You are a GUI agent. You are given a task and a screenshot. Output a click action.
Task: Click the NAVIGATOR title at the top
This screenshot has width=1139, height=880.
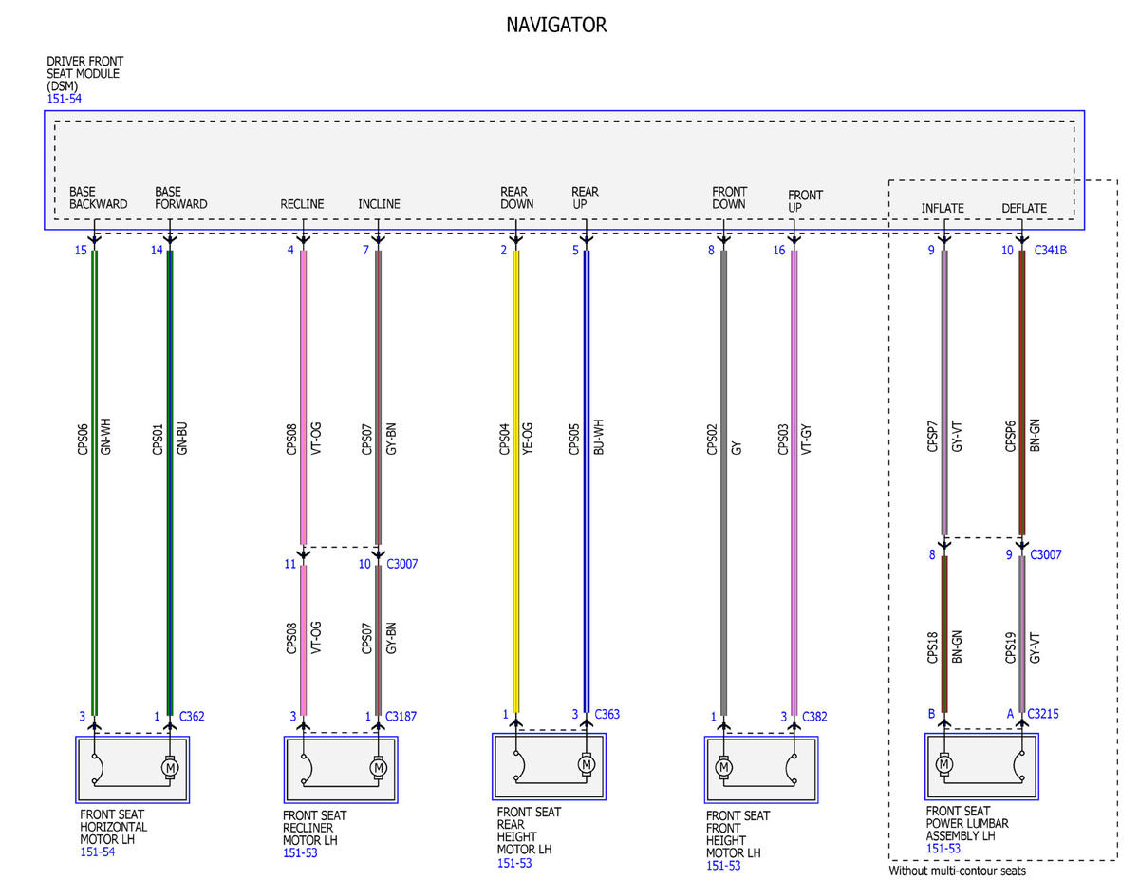coord(556,25)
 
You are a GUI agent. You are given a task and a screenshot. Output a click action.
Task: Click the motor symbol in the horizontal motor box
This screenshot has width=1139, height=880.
coord(169,767)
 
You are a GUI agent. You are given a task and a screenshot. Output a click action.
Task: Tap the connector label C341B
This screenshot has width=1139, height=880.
coord(1050,250)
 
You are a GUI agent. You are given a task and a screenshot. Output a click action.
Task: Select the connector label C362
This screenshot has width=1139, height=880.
coord(192,716)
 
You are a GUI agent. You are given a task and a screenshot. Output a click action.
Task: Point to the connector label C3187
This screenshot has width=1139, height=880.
coord(401,716)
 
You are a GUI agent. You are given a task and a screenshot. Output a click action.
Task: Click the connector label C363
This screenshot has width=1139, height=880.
coord(607,714)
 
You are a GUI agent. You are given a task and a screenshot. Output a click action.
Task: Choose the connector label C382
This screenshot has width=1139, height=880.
coord(814,716)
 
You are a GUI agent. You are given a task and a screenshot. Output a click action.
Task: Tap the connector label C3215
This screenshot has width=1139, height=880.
coord(1043,713)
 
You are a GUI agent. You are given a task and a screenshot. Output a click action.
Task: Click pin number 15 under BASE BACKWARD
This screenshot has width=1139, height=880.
coord(81,250)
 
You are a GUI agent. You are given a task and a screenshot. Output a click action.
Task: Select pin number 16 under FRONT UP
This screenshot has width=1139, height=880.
coord(779,250)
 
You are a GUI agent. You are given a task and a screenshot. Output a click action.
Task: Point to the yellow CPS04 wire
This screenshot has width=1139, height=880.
coord(515,481)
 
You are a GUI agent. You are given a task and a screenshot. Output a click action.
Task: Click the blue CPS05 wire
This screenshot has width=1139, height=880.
coord(587,481)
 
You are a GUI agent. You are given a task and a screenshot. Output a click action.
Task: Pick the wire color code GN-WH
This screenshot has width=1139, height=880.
coord(105,436)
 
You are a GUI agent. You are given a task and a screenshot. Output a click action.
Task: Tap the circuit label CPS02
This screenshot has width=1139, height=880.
coord(711,440)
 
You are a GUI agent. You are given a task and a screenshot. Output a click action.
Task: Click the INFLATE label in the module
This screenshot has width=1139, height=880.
coord(943,208)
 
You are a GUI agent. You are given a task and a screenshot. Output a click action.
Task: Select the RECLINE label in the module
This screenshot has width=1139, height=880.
coord(302,204)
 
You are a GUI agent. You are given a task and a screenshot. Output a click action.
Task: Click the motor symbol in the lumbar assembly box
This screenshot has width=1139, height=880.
coord(944,764)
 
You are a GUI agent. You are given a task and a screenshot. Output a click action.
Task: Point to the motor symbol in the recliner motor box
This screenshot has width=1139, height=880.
coord(378,768)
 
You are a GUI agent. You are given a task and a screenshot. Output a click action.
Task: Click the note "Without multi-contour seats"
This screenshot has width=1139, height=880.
coord(957,871)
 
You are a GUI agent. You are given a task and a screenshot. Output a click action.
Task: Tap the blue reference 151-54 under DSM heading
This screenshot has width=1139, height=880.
coord(64,99)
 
